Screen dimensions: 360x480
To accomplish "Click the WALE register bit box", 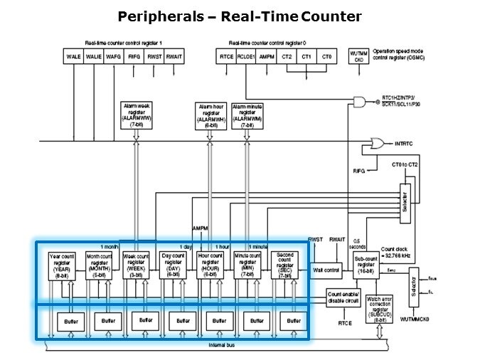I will [73, 55].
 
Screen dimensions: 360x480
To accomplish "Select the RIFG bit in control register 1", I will [134, 55].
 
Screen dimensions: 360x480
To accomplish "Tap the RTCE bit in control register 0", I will [227, 55].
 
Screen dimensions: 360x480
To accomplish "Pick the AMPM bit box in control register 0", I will [267, 55].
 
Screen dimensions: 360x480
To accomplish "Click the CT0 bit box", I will [326, 55].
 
